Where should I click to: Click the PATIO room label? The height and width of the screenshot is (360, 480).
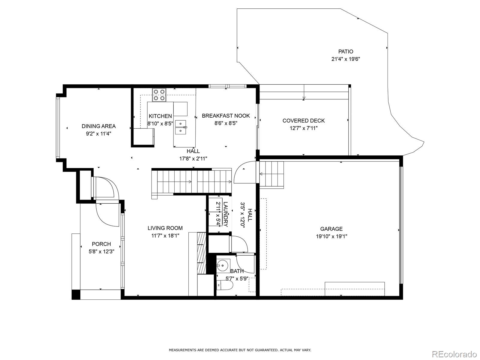click(x=346, y=52)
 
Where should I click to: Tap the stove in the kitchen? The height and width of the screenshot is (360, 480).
click(x=159, y=95)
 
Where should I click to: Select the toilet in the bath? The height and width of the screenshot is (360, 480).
click(x=225, y=285)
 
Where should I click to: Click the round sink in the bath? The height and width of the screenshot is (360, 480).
click(x=223, y=265)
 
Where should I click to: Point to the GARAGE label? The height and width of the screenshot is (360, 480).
click(x=331, y=229)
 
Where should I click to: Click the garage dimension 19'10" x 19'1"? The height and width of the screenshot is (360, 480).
click(x=331, y=236)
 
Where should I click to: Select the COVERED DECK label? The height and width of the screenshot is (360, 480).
click(x=304, y=121)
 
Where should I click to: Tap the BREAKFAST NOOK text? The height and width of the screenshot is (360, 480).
click(x=226, y=115)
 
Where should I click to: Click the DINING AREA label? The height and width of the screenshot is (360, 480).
click(x=99, y=126)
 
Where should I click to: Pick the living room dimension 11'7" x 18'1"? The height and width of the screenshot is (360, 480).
click(x=165, y=235)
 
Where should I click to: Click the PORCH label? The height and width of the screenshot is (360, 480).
click(x=101, y=244)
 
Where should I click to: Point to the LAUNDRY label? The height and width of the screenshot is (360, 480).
click(x=226, y=214)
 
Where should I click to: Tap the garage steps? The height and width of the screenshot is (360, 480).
click(x=271, y=175)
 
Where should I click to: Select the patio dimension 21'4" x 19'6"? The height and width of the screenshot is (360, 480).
click(x=346, y=59)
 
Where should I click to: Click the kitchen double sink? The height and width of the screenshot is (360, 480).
click(x=180, y=127)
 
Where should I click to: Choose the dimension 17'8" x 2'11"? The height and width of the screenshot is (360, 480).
click(x=193, y=159)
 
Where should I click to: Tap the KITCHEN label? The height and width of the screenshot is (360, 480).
click(x=160, y=116)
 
